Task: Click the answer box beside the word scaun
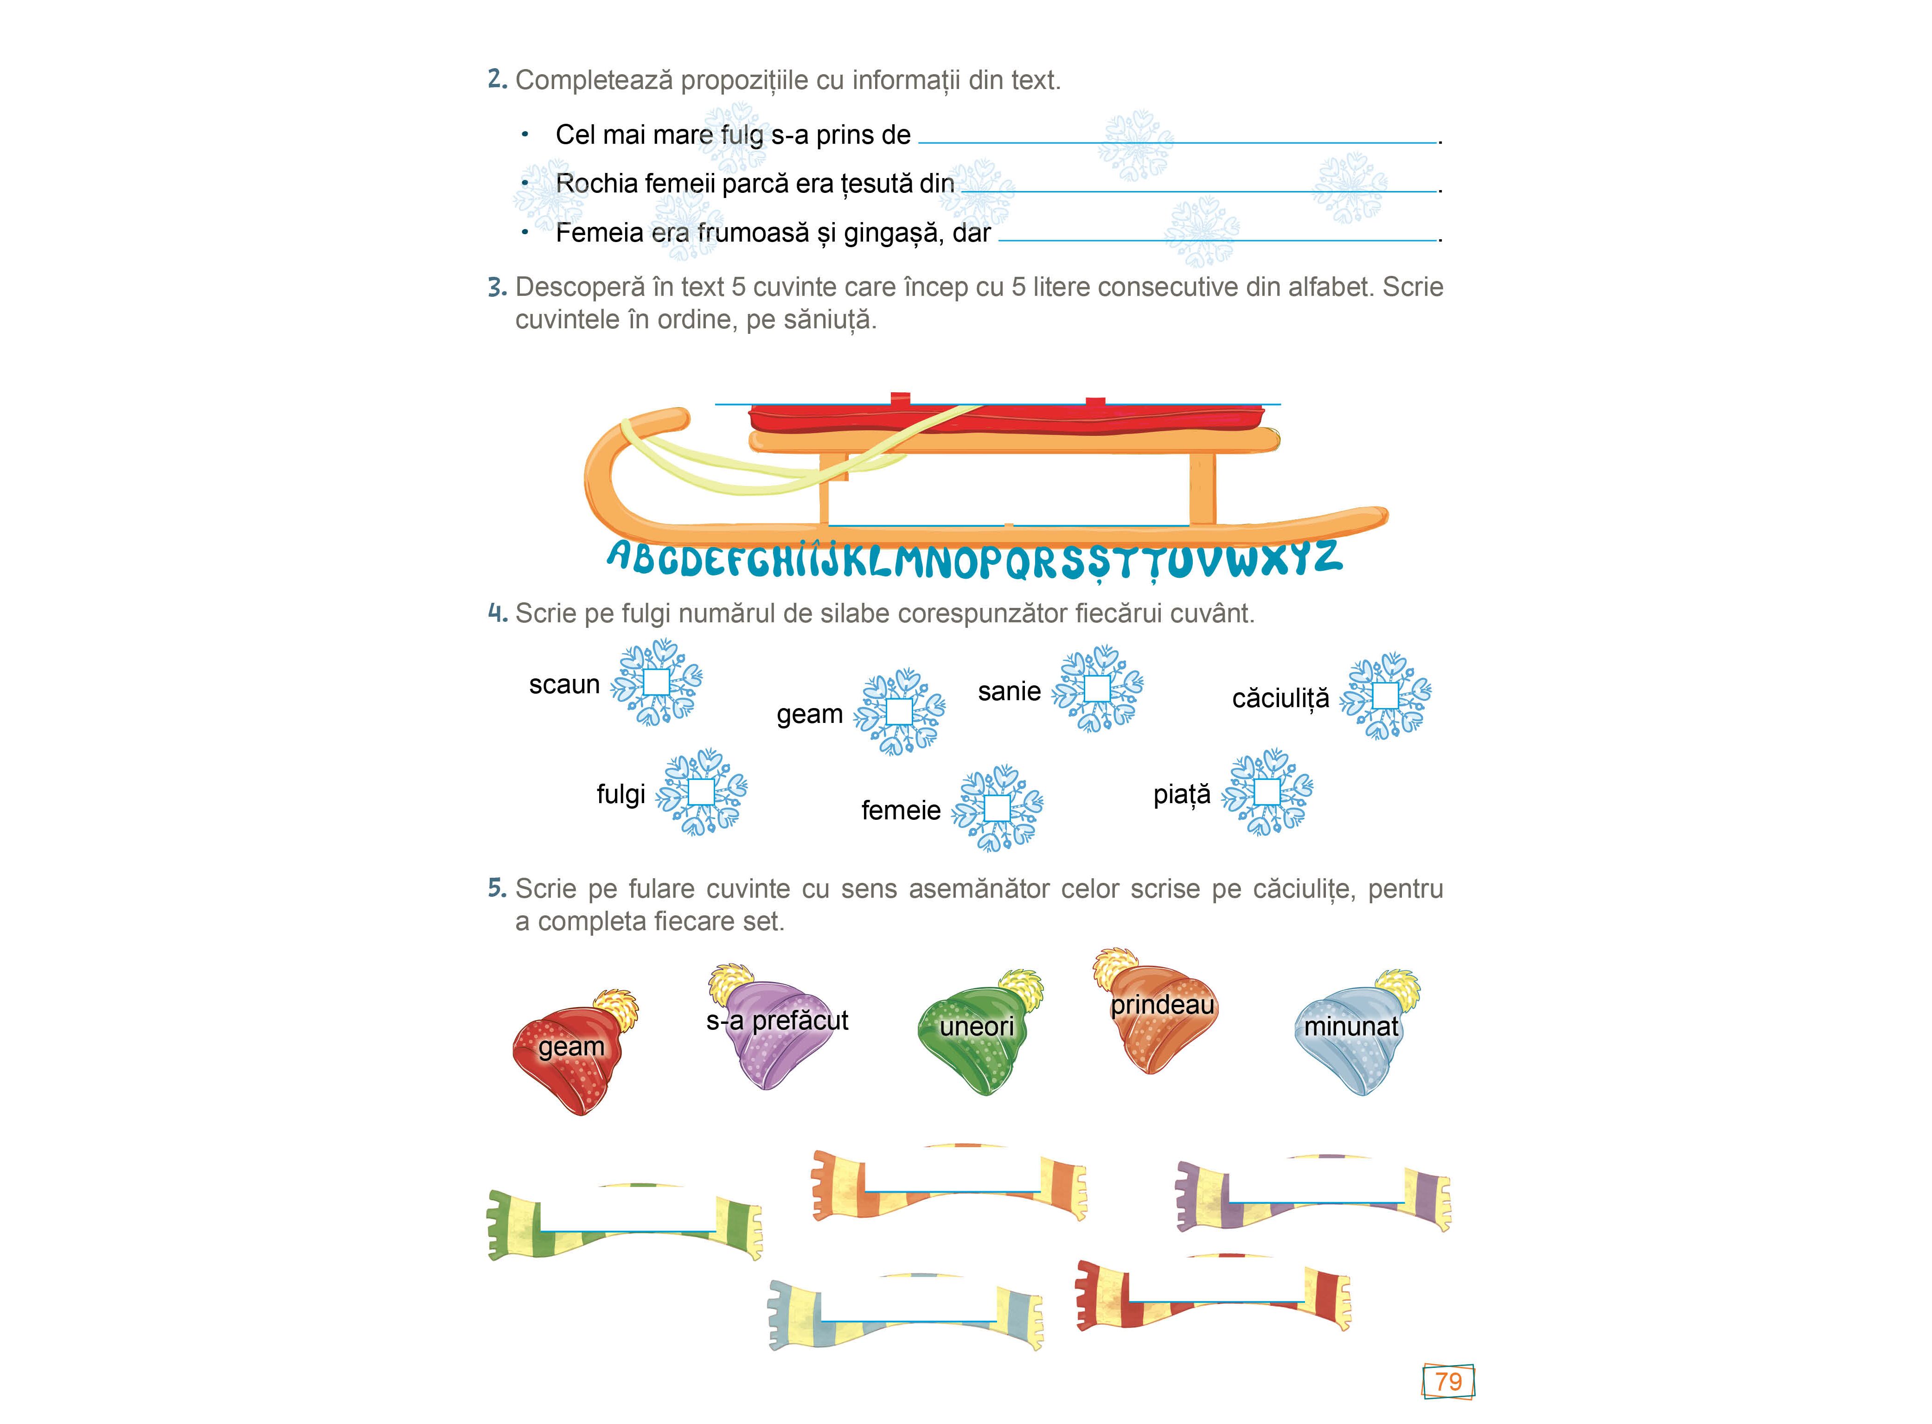[x=656, y=682]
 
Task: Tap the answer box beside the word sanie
[x=1097, y=689]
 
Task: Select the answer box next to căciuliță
[x=1385, y=696]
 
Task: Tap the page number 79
[x=1448, y=1381]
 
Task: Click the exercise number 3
[x=497, y=287]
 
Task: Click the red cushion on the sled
[x=1009, y=418]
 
